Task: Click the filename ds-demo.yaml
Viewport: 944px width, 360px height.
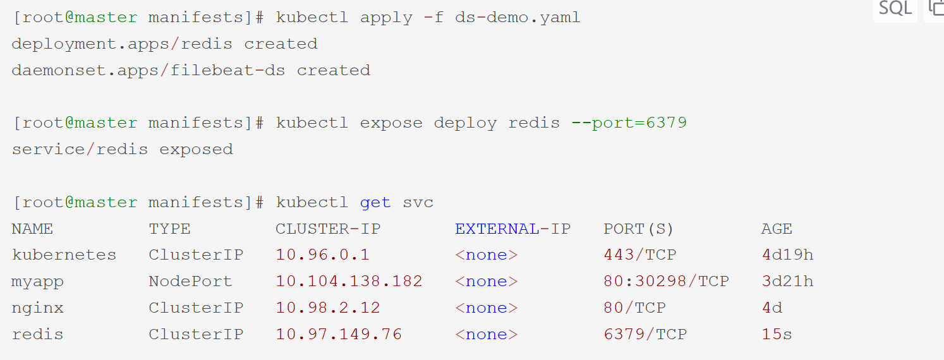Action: (517, 18)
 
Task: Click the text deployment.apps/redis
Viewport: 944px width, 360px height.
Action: (121, 44)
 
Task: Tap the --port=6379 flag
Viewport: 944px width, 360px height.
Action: (629, 123)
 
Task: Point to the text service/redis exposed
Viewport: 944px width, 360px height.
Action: (122, 150)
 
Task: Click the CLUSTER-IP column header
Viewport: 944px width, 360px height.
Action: (328, 229)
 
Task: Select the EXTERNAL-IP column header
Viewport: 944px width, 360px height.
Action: (512, 229)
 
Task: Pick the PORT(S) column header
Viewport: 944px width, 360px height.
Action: (639, 229)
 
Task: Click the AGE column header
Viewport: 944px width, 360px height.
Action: (777, 229)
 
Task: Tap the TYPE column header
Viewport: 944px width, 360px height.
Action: (169, 229)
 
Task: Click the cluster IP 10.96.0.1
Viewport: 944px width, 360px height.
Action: (322, 255)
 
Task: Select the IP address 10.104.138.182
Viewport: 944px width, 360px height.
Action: (349, 282)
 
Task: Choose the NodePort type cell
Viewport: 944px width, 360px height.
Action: (190, 282)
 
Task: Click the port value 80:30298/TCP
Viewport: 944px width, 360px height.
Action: (666, 282)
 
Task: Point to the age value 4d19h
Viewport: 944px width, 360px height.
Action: (787, 255)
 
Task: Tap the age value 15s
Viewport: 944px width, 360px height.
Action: (777, 335)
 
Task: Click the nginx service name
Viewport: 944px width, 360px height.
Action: (37, 308)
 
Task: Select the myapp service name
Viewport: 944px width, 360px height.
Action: (37, 282)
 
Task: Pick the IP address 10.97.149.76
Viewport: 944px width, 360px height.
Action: (339, 335)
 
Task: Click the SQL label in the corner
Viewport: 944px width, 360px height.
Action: (895, 8)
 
